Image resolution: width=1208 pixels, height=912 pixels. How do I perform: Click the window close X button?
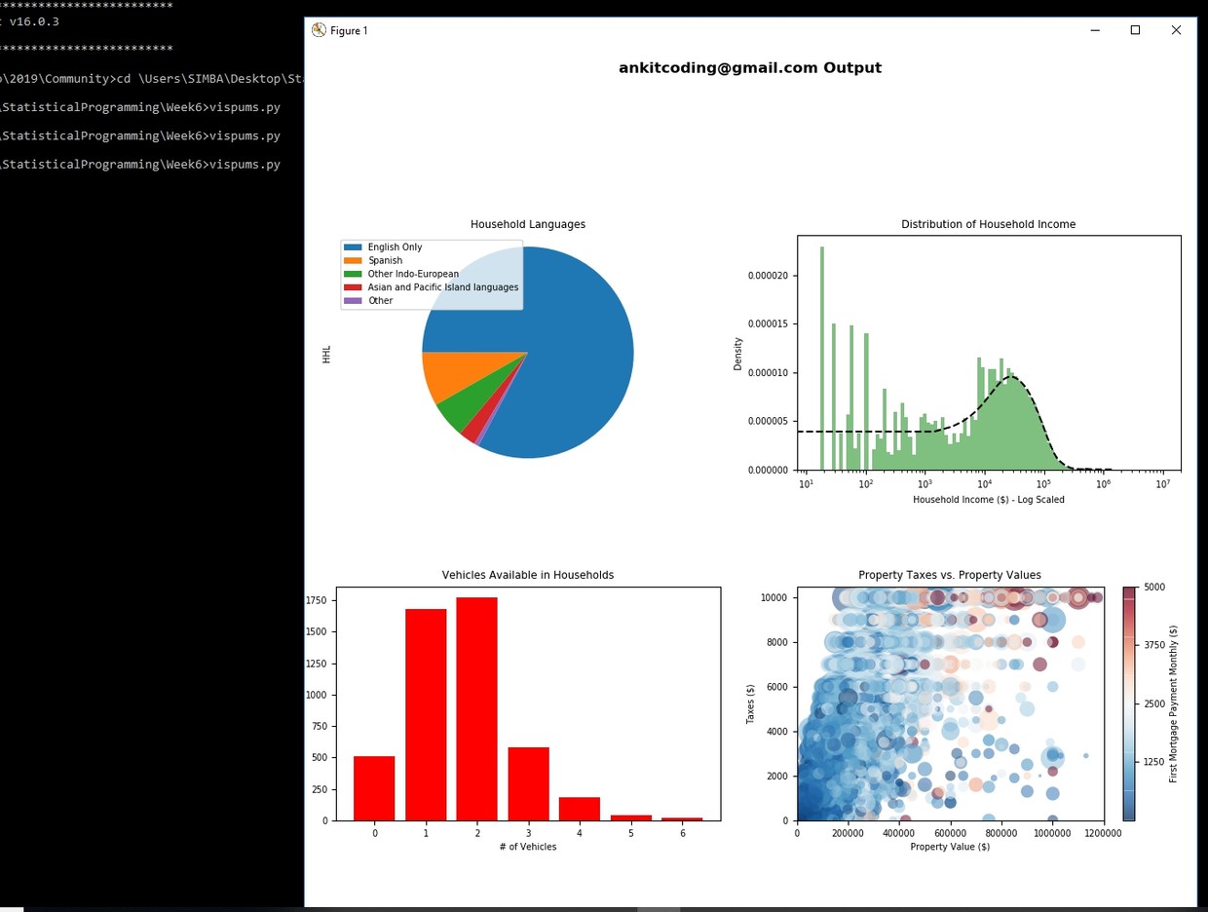pyautogui.click(x=1176, y=30)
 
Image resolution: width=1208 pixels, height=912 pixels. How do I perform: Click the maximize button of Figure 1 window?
pyautogui.click(x=1135, y=30)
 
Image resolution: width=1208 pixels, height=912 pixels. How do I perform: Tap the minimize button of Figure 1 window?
pyautogui.click(x=1094, y=30)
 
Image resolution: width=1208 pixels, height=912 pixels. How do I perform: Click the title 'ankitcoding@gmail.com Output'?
pyautogui.click(x=749, y=68)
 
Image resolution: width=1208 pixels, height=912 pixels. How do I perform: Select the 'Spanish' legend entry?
pyautogui.click(x=385, y=261)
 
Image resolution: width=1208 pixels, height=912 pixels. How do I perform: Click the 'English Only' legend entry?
pyautogui.click(x=395, y=247)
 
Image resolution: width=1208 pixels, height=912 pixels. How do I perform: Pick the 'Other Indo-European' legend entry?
pyautogui.click(x=412, y=275)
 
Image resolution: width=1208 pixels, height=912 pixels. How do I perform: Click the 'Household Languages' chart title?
pyautogui.click(x=527, y=224)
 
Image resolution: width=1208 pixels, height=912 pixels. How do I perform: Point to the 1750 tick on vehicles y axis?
pyautogui.click(x=316, y=601)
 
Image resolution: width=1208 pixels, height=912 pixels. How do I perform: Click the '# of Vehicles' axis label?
pyautogui.click(x=527, y=847)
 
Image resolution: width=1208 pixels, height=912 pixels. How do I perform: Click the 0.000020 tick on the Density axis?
pyautogui.click(x=768, y=276)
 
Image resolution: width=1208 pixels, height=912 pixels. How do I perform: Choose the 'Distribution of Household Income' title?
pyautogui.click(x=988, y=224)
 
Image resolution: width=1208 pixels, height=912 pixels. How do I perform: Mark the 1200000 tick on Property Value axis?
pyautogui.click(x=1103, y=834)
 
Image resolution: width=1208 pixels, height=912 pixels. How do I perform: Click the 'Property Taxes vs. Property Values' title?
pyautogui.click(x=949, y=575)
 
